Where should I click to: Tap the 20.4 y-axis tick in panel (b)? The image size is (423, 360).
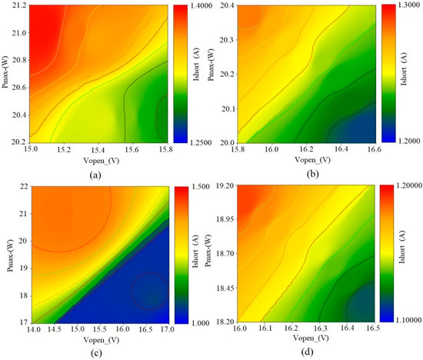[x=234, y=5]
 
